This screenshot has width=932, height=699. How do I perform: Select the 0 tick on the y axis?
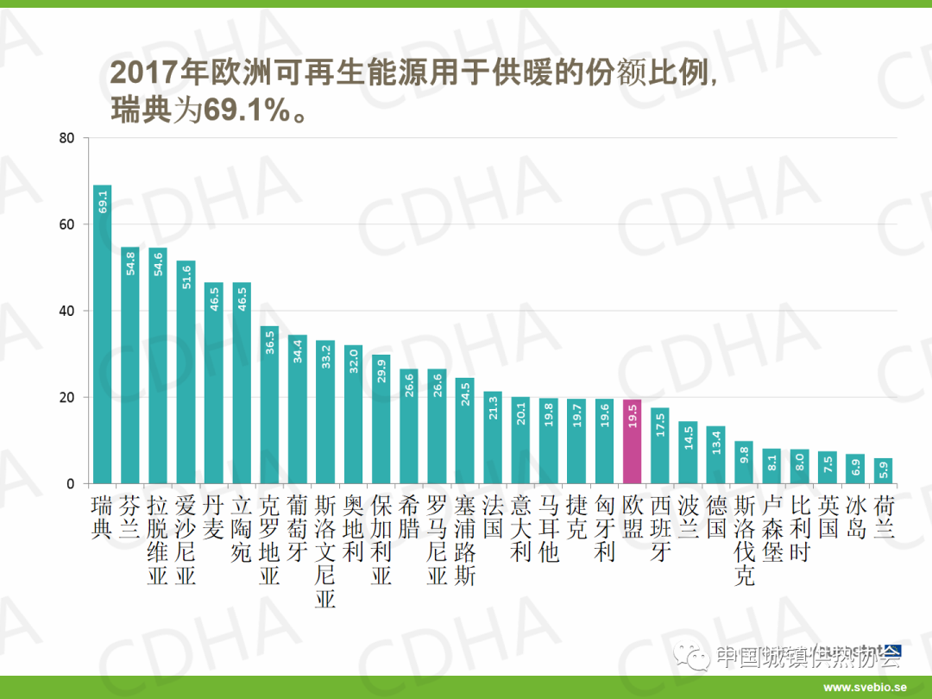click(72, 483)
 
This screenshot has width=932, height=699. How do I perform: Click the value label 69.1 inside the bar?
click(103, 203)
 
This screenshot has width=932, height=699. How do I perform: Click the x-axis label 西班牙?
click(660, 528)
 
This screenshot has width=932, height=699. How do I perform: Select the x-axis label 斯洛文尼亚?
click(325, 551)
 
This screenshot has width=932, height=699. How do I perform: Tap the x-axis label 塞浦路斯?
click(465, 540)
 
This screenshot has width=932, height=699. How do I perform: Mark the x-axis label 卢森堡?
click(772, 528)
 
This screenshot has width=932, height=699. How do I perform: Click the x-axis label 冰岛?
click(855, 517)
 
